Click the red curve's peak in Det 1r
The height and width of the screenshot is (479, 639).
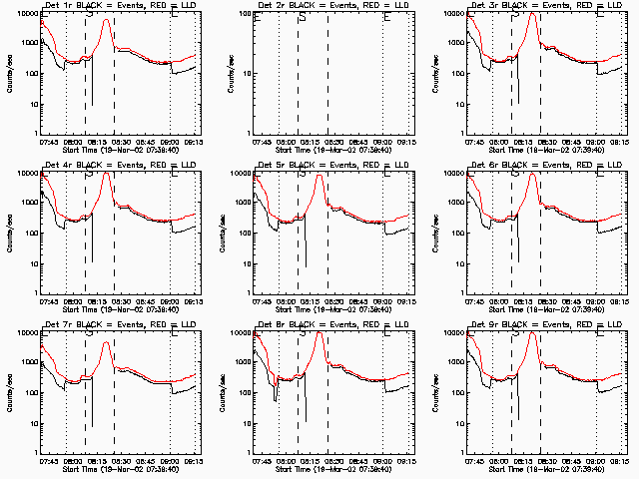[106, 19]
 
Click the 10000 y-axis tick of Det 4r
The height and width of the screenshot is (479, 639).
[26, 173]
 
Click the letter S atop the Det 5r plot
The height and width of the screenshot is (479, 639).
[302, 175]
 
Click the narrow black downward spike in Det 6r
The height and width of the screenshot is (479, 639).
[518, 239]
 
